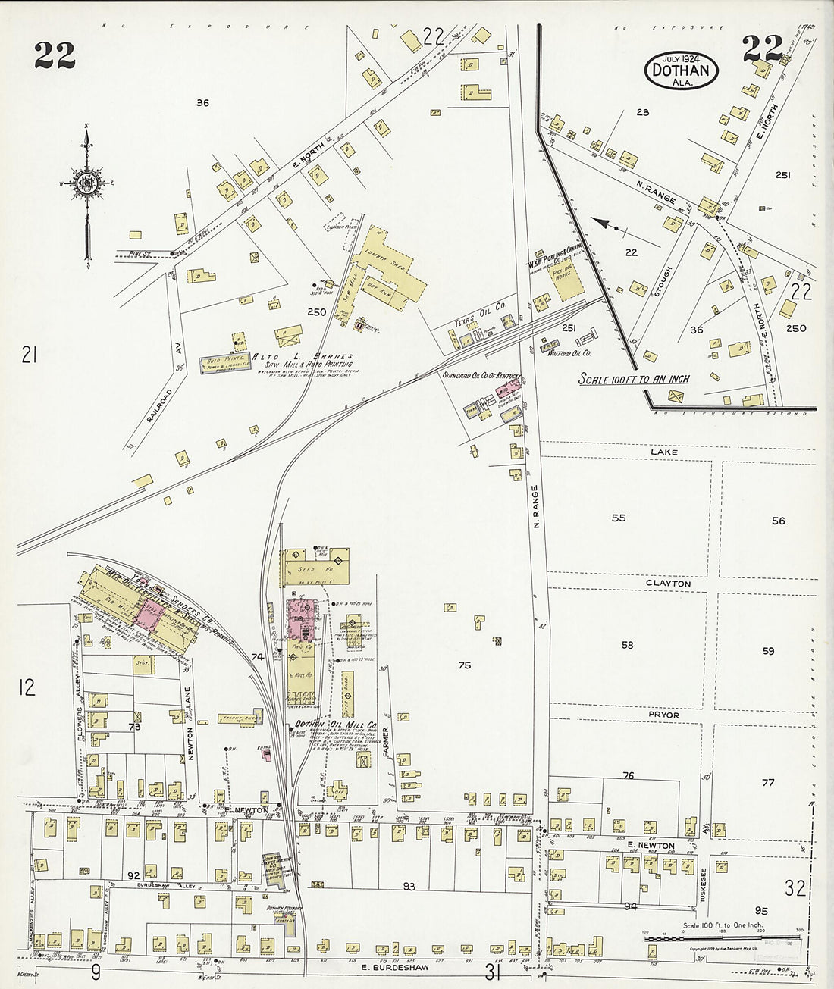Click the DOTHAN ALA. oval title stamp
[x=682, y=67]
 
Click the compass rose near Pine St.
[x=87, y=182]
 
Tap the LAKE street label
[x=663, y=452]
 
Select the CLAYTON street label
[x=668, y=584]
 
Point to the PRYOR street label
[x=663, y=715]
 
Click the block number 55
[x=619, y=518]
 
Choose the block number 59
[x=768, y=651]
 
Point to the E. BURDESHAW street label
[x=397, y=968]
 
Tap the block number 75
[x=465, y=665]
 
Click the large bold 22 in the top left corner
[x=55, y=55]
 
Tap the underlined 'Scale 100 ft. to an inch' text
[x=634, y=378]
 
